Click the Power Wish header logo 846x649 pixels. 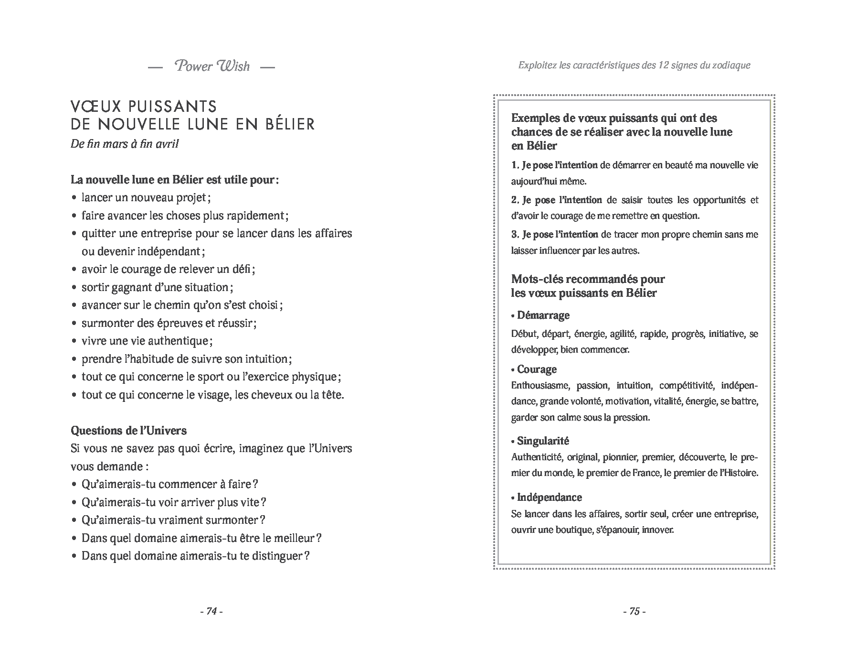point(212,66)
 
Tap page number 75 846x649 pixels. point(634,611)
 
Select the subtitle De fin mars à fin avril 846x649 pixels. point(125,144)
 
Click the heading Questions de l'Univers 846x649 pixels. point(128,431)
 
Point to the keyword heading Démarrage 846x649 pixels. point(543,315)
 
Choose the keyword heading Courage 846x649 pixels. point(537,369)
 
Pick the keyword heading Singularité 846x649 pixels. point(543,441)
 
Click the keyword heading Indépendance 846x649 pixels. point(549,498)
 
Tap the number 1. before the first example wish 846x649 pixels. point(515,165)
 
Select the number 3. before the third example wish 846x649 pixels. point(515,235)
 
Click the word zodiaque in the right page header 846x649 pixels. point(730,65)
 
